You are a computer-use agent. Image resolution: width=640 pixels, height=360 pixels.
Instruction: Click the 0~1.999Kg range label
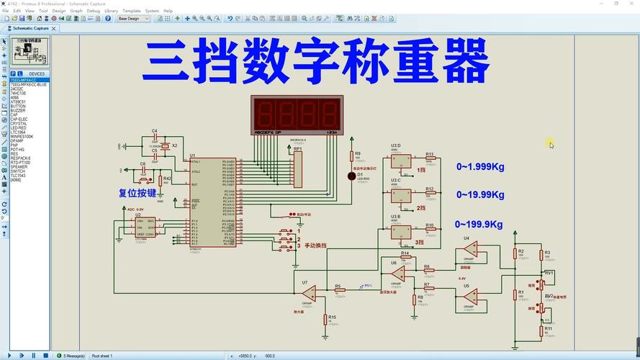(479, 167)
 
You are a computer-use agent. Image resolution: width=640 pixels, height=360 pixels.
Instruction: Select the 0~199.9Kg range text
(479, 225)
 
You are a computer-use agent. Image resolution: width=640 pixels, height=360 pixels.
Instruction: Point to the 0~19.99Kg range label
(479, 194)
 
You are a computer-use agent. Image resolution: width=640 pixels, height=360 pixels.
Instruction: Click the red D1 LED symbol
(351, 176)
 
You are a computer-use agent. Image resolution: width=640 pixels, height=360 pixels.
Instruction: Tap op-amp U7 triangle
(309, 293)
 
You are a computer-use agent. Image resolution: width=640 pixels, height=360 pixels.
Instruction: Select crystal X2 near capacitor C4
(166, 146)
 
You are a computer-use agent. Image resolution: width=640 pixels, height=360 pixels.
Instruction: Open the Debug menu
(94, 11)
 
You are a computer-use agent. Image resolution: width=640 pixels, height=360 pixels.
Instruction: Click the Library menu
(111, 11)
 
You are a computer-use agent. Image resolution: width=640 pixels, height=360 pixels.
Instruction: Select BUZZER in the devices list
(18, 110)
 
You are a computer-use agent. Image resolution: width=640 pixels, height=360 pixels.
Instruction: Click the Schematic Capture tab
(31, 28)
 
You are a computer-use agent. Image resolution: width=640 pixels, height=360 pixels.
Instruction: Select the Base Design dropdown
(133, 19)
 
